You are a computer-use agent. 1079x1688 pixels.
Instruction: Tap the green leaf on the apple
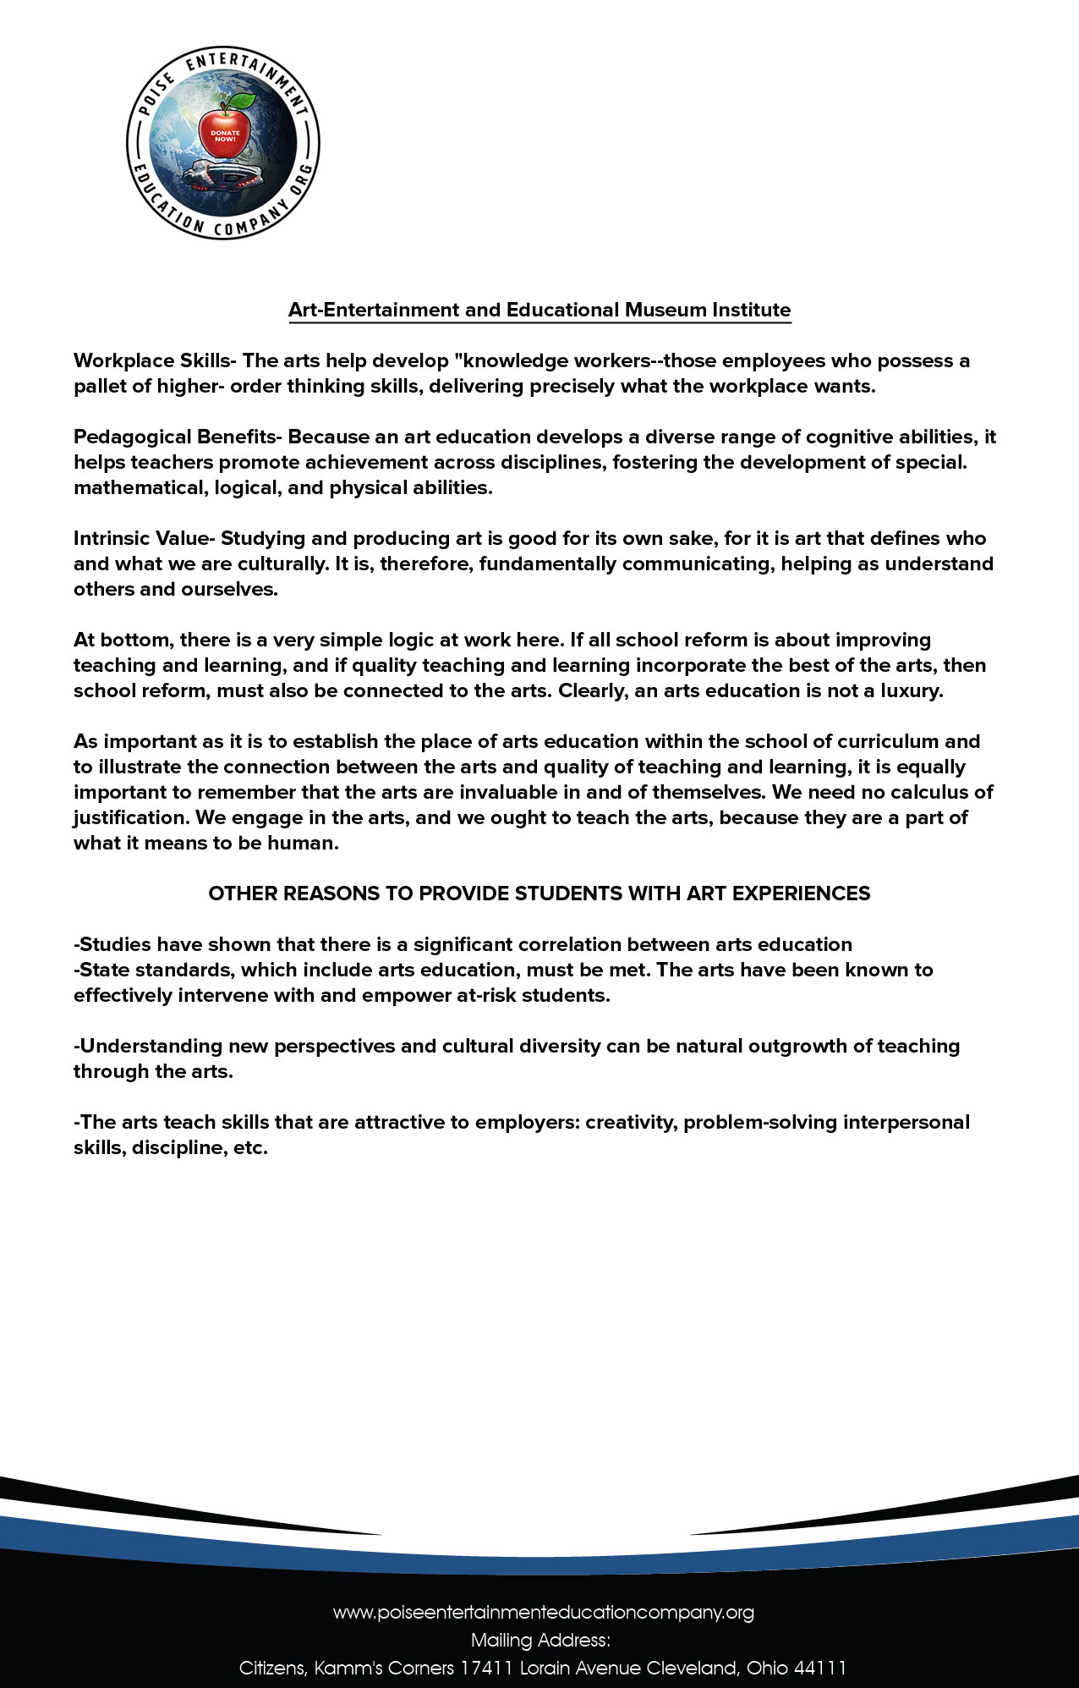click(244, 102)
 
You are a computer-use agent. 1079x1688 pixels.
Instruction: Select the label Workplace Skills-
click(155, 360)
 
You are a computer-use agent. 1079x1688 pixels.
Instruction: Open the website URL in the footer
click(543, 1613)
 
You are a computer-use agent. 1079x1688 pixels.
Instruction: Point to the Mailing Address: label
click(540, 1641)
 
